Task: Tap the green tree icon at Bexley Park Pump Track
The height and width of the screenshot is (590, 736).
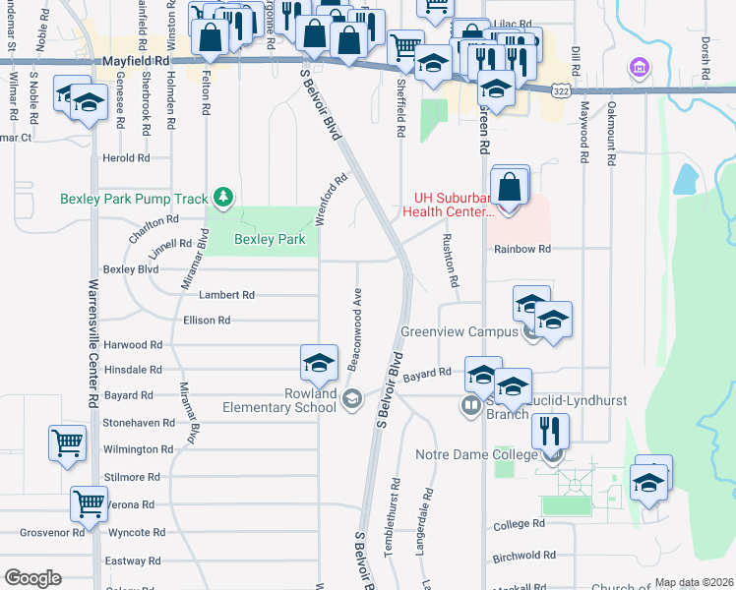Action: point(224,198)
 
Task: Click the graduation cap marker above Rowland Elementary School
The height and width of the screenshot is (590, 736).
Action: point(320,363)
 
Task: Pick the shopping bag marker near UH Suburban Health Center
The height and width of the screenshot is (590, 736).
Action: point(510,185)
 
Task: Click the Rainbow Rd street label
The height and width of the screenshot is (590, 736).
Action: point(521,250)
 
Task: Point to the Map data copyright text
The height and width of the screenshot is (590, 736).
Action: point(694,583)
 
